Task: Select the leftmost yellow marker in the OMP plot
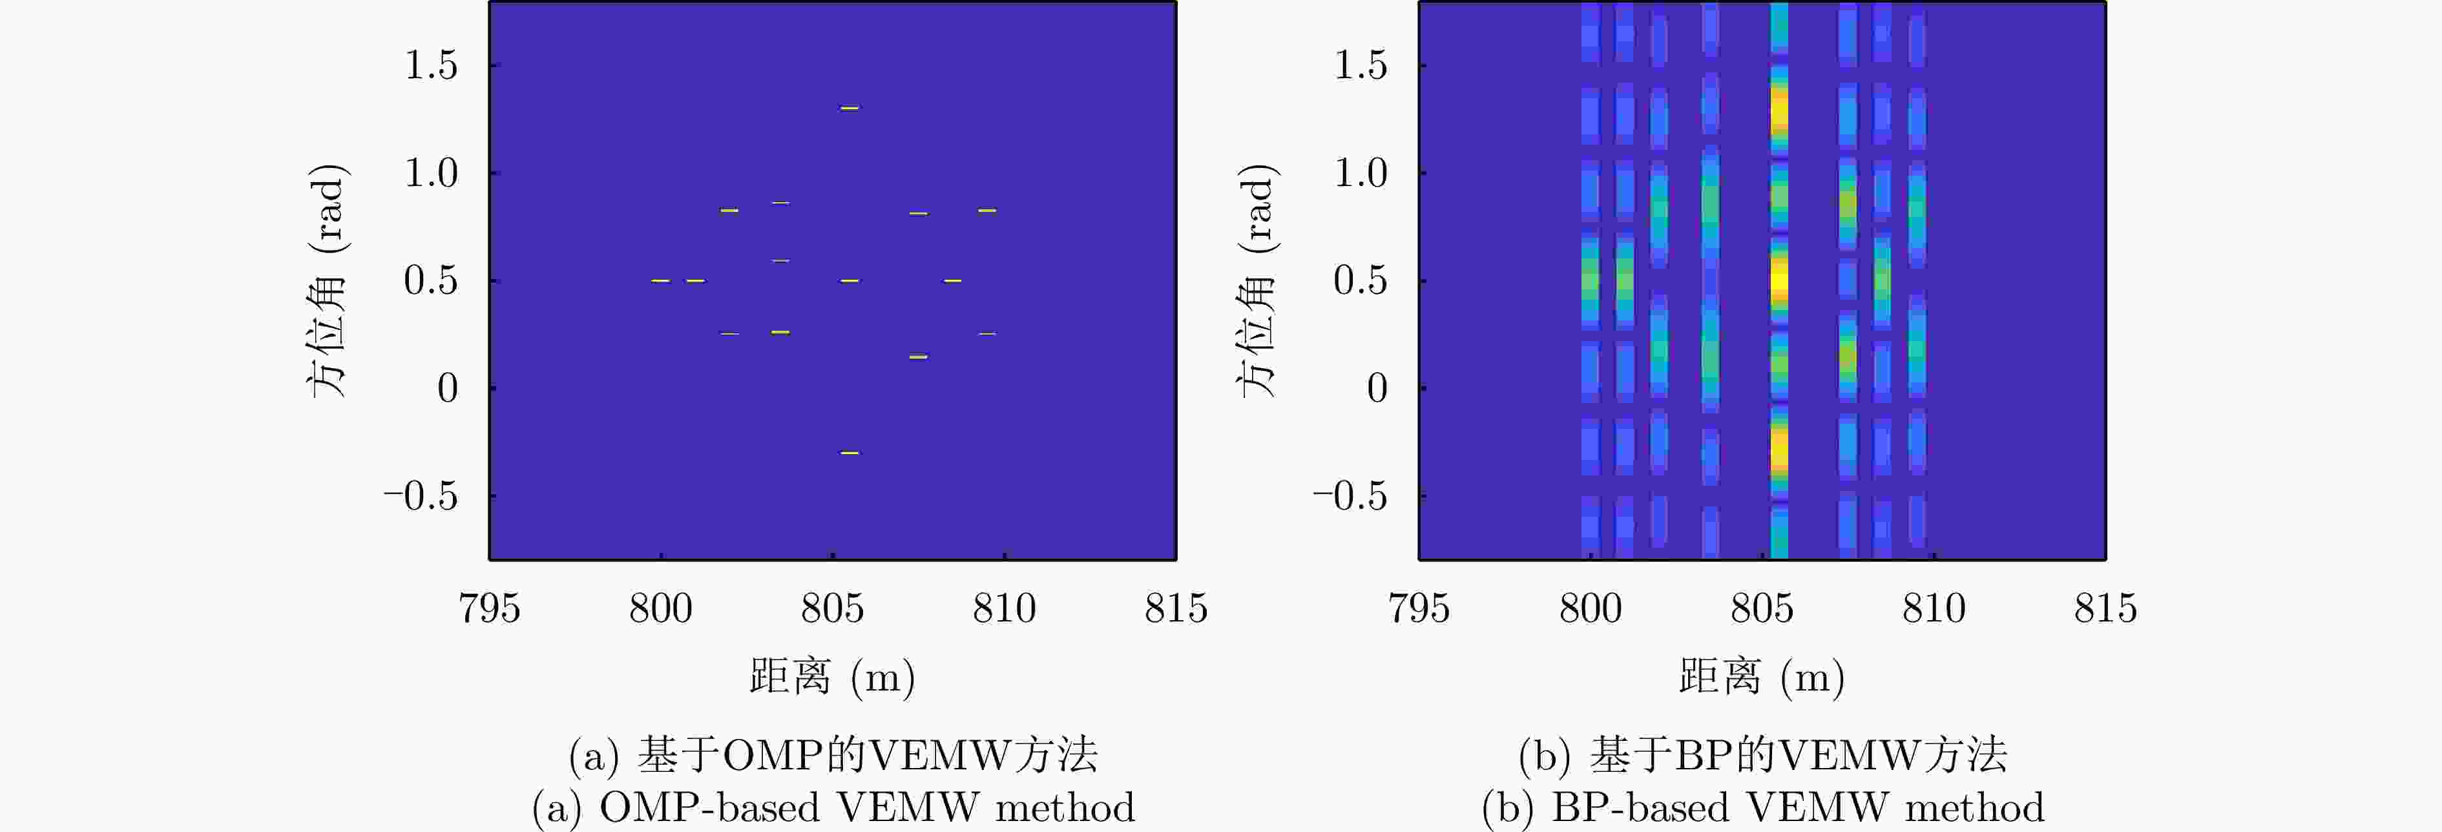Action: click(661, 280)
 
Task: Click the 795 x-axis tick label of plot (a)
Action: click(489, 607)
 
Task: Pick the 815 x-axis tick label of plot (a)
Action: click(1176, 607)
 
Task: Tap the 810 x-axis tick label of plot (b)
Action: click(1933, 607)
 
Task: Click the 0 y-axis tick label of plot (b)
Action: click(1377, 388)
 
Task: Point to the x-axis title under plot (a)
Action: click(831, 676)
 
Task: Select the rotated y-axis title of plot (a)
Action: click(327, 280)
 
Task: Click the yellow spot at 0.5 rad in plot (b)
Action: click(1779, 280)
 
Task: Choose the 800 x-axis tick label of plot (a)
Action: click(661, 607)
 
